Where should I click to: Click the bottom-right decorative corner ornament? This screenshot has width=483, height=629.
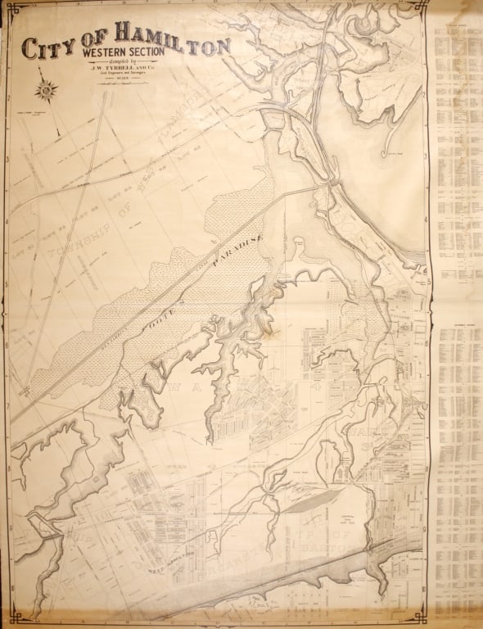(422, 616)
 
